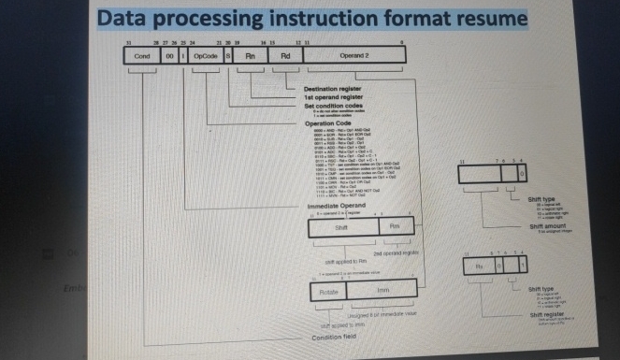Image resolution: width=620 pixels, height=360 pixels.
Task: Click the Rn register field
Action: coord(250,56)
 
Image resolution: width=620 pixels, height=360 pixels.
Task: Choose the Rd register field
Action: coord(286,56)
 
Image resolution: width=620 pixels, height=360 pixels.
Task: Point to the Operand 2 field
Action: coord(356,56)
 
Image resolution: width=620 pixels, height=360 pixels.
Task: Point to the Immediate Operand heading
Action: coord(335,205)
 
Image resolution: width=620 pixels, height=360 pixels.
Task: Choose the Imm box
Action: coord(383,292)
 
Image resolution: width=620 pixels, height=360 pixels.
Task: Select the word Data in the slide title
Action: coord(129,18)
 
